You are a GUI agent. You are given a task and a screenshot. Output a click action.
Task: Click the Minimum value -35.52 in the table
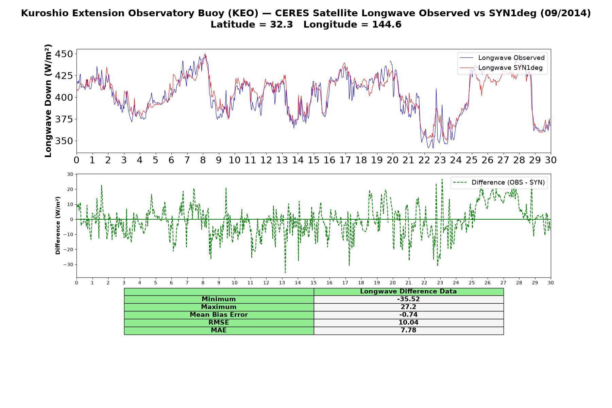(408, 299)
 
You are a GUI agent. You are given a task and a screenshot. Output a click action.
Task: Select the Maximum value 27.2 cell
(408, 307)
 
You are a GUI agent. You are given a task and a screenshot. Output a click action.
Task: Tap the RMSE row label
(219, 323)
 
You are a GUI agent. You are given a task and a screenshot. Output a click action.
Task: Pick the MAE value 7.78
(408, 330)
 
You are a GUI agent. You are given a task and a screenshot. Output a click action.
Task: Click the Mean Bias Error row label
(219, 315)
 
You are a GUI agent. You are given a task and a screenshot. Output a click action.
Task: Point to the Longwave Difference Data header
(408, 291)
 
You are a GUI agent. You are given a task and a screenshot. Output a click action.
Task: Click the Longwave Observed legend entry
(502, 58)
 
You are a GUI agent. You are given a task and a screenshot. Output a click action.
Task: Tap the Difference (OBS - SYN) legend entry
(499, 183)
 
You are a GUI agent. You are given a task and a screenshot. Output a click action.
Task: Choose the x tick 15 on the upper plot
(313, 160)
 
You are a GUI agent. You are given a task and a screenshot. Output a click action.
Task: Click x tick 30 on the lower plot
(551, 283)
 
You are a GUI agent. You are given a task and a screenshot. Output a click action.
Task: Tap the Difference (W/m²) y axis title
(58, 225)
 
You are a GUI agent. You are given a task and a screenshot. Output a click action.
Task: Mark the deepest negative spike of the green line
(285, 272)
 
